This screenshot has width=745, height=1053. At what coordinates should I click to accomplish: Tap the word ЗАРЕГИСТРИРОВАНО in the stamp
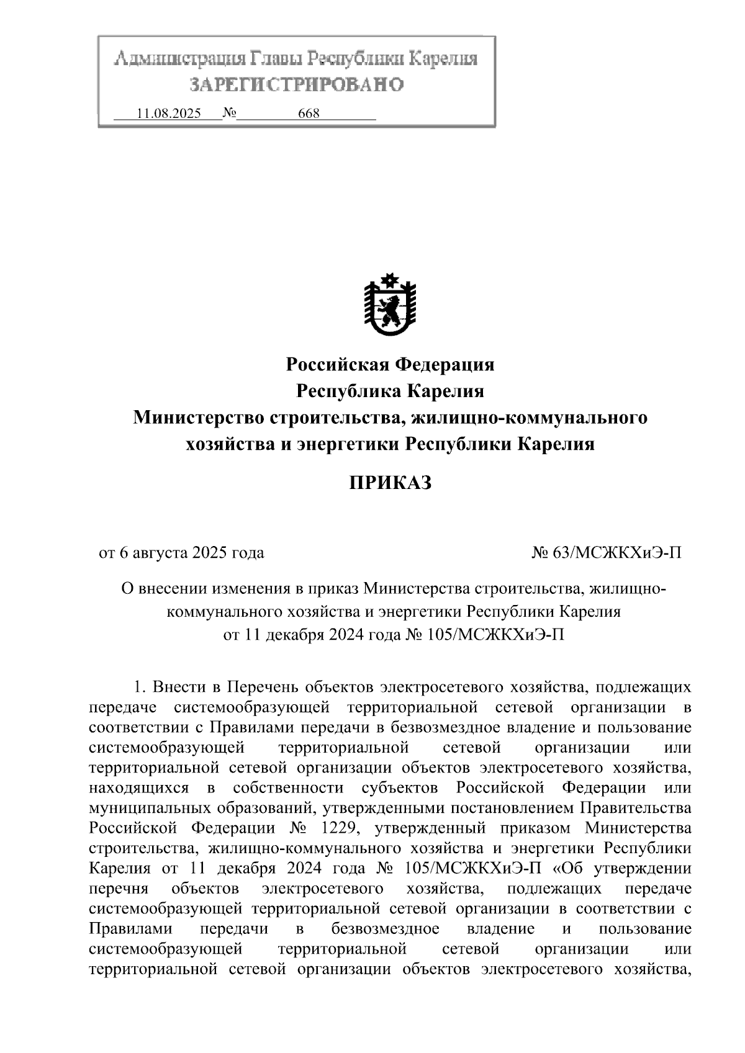296,84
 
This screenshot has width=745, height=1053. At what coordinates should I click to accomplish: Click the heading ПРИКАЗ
389,483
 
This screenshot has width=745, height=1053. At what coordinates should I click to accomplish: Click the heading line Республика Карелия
389,392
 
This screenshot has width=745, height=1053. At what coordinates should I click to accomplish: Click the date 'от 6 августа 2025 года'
182,552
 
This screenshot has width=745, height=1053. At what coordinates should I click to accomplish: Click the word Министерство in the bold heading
199,418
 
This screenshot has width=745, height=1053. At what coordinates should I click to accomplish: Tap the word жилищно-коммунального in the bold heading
533,418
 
